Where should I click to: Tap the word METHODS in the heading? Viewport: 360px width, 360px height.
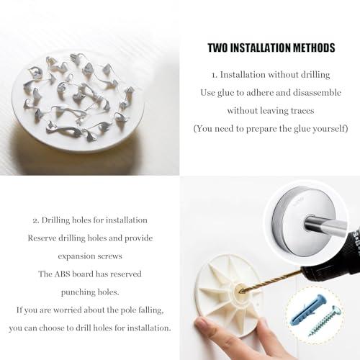pos(313,48)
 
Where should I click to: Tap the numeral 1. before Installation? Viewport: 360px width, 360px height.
pos(215,74)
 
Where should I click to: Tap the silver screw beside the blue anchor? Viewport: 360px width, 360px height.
pos(328,318)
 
